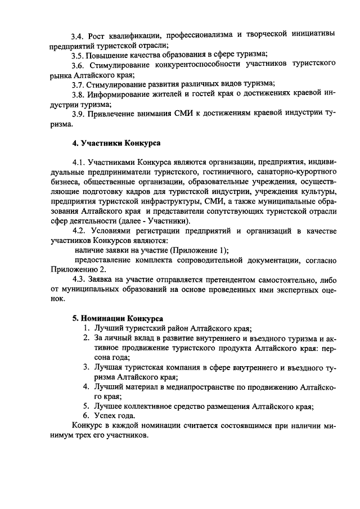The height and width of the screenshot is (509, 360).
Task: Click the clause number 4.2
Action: [x=82, y=231]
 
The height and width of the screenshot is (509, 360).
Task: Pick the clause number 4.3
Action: [x=82, y=279]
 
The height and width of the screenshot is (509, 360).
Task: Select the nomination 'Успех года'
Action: [x=112, y=416]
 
